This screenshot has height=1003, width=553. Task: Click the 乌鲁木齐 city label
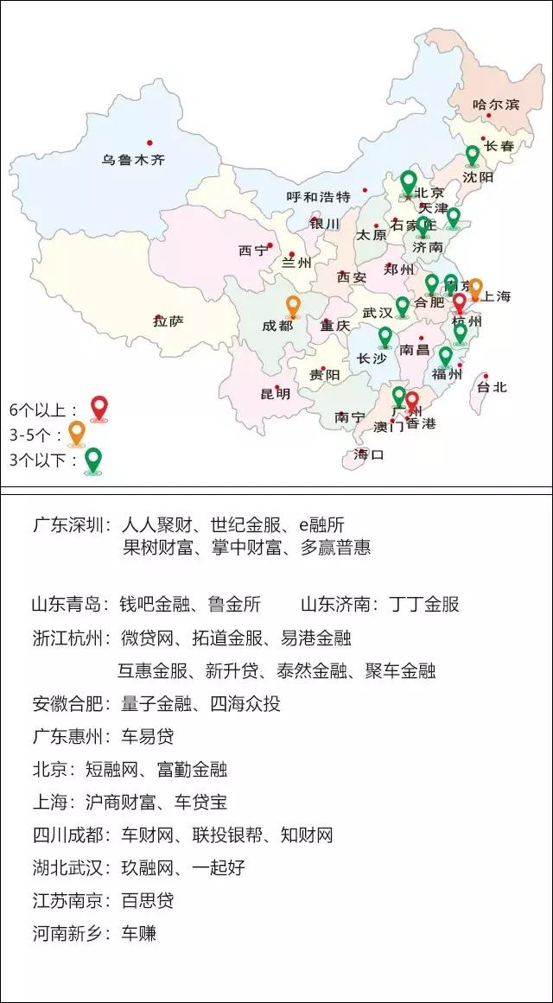coord(132,160)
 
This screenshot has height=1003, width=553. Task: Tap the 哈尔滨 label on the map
coord(496,105)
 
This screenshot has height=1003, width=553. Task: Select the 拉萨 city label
coord(168,321)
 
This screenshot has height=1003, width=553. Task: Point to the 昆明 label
coord(276,394)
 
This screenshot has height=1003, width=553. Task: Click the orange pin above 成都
coord(293,307)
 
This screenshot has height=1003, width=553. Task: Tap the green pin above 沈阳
coord(472,156)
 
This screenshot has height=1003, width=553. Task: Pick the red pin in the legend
coord(99,407)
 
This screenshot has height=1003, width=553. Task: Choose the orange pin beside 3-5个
coord(77,432)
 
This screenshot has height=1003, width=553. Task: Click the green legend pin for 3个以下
coord(92,460)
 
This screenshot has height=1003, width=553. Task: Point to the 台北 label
coord(493,387)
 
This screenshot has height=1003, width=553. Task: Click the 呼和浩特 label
coord(318,197)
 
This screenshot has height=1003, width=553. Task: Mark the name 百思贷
coord(147,900)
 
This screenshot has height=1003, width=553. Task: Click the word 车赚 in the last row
coord(138,933)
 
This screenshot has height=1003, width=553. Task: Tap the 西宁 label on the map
coord(253,251)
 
